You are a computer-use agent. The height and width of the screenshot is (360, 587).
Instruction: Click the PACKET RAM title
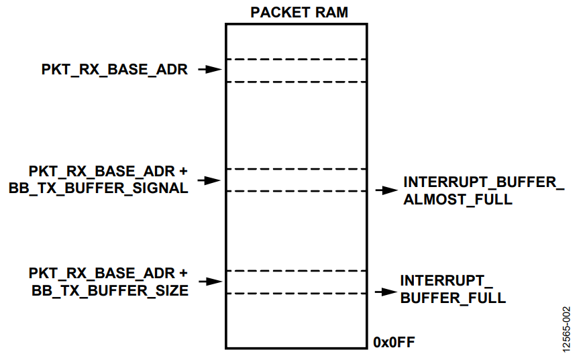coord(299,12)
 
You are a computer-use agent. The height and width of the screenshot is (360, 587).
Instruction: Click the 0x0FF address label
coord(394,342)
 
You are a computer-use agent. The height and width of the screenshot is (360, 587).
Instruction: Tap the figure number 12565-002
coord(566,329)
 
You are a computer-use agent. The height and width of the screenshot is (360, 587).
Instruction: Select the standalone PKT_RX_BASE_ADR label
coord(115,70)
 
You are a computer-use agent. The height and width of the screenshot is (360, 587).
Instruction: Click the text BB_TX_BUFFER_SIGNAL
coord(99,188)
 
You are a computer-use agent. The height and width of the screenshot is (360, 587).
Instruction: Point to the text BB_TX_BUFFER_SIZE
coord(110,291)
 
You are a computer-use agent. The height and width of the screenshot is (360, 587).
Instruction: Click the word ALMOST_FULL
coord(458,200)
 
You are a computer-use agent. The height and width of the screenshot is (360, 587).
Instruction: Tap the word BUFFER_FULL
coord(453,298)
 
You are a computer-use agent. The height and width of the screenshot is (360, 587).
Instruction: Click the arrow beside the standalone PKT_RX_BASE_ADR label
coord(210,69)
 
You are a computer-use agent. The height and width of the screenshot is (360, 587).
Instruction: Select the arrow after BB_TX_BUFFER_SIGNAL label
coord(209,180)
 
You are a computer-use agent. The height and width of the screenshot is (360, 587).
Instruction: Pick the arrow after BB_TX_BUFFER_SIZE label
coord(211,282)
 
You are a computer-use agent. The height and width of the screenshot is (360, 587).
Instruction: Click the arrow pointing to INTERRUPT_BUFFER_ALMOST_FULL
coord(386,190)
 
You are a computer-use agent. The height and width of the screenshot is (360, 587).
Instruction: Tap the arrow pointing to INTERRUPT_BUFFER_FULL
coord(386,292)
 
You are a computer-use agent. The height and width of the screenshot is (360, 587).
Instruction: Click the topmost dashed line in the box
coord(297,59)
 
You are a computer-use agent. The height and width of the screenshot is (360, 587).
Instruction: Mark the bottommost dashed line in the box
coord(297,294)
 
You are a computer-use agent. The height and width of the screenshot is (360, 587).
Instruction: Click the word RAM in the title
coord(331,12)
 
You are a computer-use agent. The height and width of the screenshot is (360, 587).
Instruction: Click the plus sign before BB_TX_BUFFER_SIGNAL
coord(183,172)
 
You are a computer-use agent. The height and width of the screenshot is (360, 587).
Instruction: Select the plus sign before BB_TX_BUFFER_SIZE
coord(183,274)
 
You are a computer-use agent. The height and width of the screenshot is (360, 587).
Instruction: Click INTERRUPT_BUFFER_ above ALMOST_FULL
coord(484,182)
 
